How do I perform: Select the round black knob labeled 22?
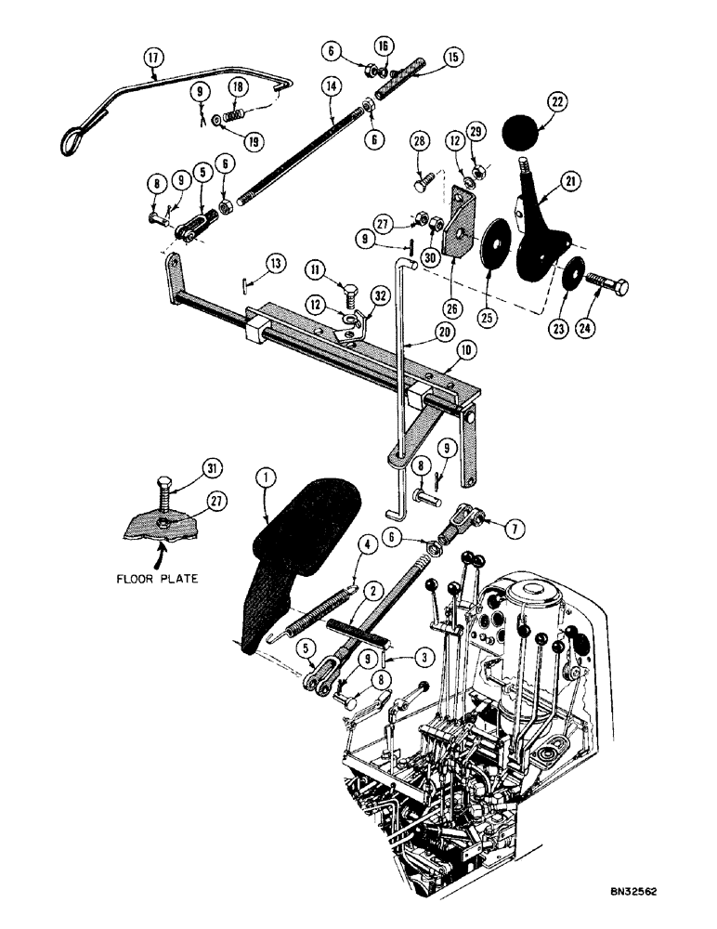click(522, 133)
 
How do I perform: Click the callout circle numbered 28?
click(420, 141)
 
